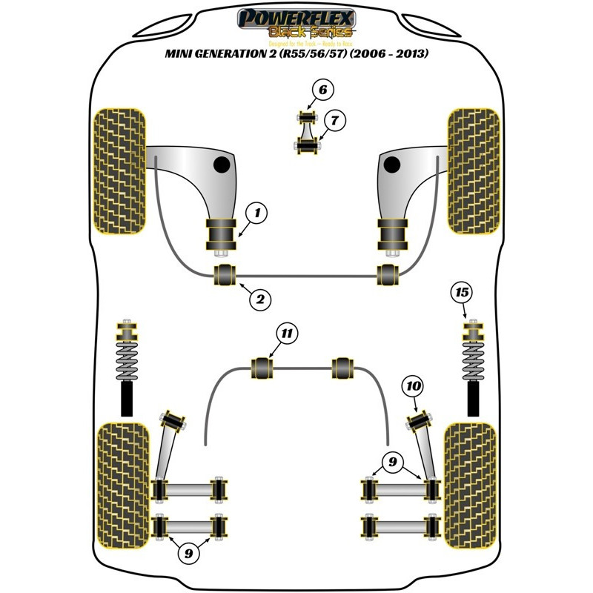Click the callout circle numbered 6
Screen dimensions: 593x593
(323, 91)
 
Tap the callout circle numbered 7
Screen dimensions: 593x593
(334, 120)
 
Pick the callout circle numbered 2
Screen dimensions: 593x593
(260, 299)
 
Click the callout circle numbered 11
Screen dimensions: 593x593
(286, 334)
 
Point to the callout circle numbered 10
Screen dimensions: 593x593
(413, 385)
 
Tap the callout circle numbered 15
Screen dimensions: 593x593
(462, 293)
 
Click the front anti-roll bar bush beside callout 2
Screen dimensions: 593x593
(225, 275)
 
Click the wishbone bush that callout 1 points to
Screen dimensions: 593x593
(220, 236)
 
